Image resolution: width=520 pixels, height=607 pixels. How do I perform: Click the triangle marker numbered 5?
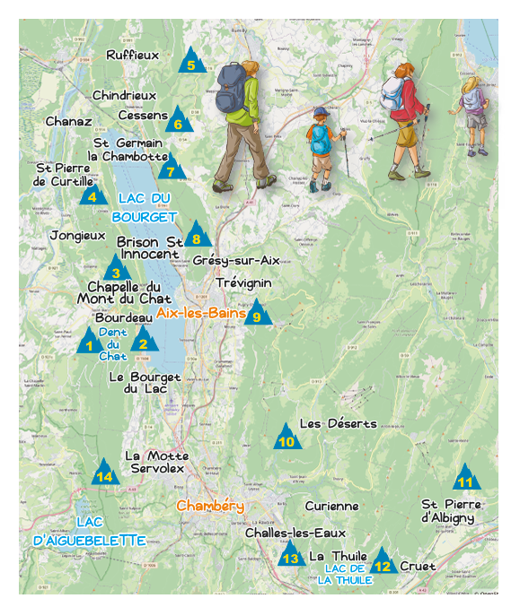tap(190, 63)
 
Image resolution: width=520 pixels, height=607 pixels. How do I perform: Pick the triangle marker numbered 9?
tap(258, 314)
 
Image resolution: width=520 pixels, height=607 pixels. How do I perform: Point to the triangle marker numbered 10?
tap(286, 438)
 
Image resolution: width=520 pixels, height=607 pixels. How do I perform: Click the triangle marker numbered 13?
tap(290, 556)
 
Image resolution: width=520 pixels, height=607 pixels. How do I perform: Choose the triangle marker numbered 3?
tap(116, 270)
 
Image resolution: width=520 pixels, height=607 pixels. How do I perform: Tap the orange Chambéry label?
tap(210, 506)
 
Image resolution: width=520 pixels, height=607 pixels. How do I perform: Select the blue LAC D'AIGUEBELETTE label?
tap(89, 531)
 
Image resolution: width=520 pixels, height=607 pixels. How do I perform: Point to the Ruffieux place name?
tap(132, 55)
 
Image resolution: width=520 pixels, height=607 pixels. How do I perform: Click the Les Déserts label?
tap(338, 423)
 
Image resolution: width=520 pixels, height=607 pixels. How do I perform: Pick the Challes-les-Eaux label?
tap(295, 533)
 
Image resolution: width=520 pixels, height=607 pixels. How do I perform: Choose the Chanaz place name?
tap(68, 121)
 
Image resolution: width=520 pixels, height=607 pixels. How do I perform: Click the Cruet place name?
tap(418, 566)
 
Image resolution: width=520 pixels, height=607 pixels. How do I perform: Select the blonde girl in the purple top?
tap(471, 112)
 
